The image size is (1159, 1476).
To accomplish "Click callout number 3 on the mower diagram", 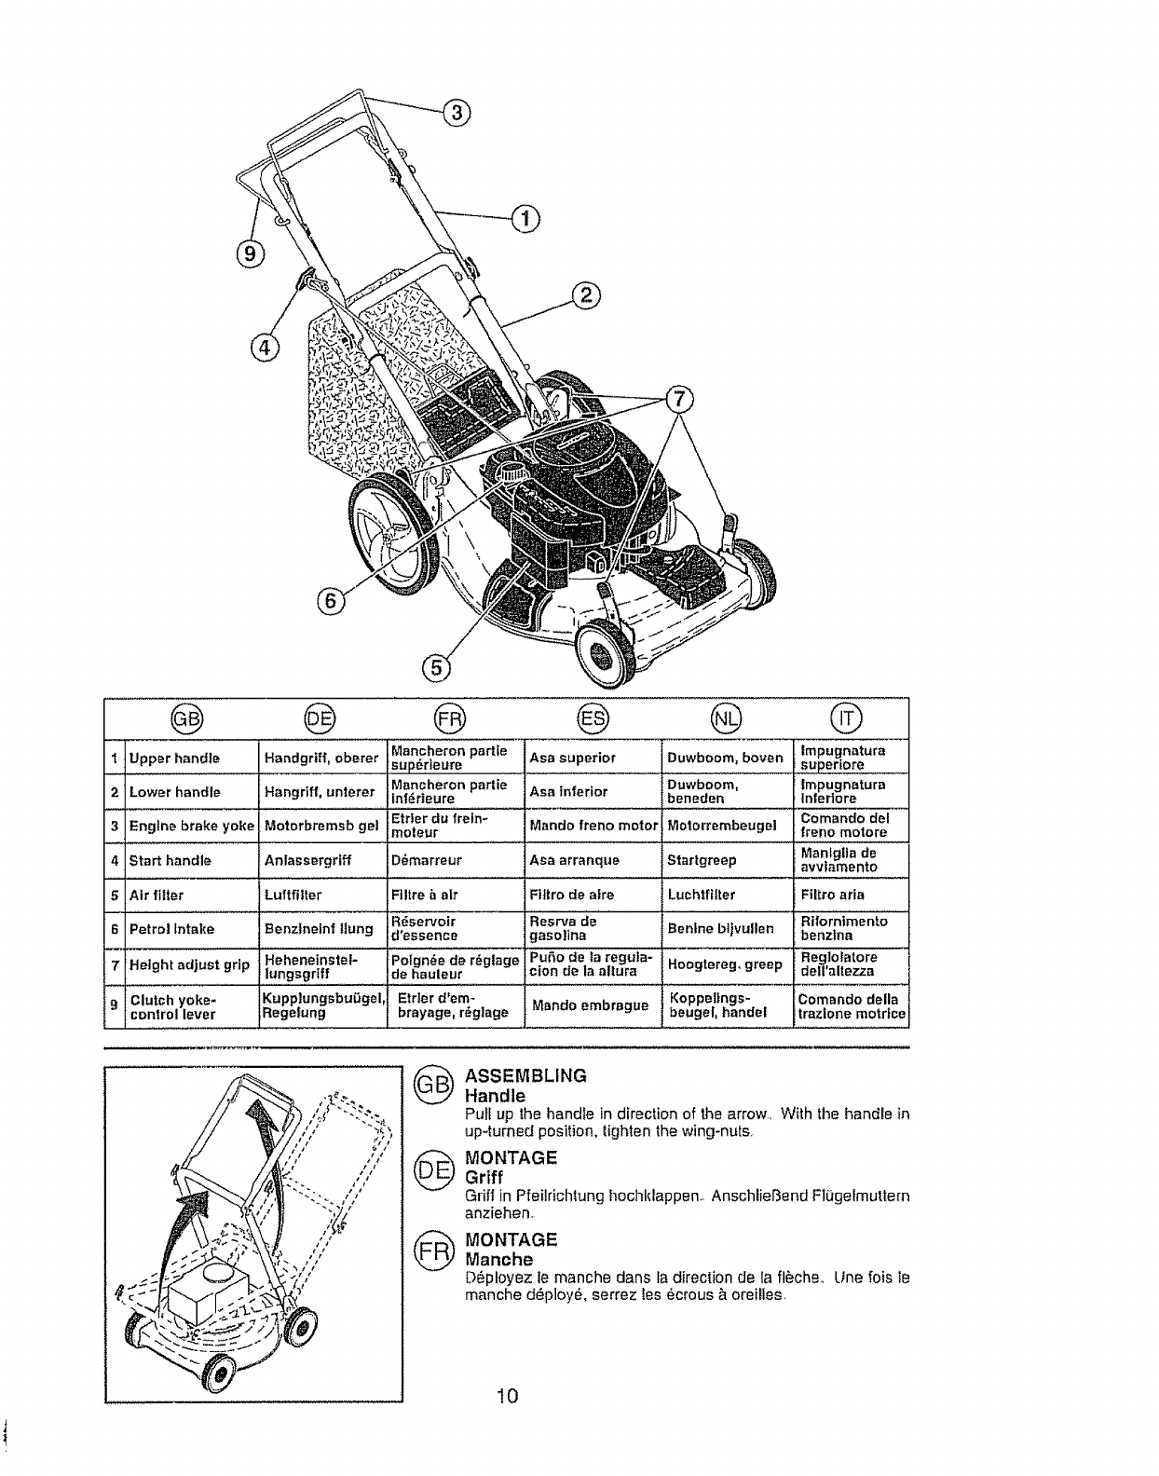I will point(456,113).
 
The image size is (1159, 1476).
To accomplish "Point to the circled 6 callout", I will point(330,602).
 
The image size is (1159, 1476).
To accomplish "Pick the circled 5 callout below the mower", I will point(435,666).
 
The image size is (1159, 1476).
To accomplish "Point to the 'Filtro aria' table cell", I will point(832,895).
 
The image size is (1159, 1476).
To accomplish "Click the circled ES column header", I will point(590,718).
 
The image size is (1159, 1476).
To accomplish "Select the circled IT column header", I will point(850,718).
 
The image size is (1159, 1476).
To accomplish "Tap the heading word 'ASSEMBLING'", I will point(525,1074).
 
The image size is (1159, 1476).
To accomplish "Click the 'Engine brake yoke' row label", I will point(192,826).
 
